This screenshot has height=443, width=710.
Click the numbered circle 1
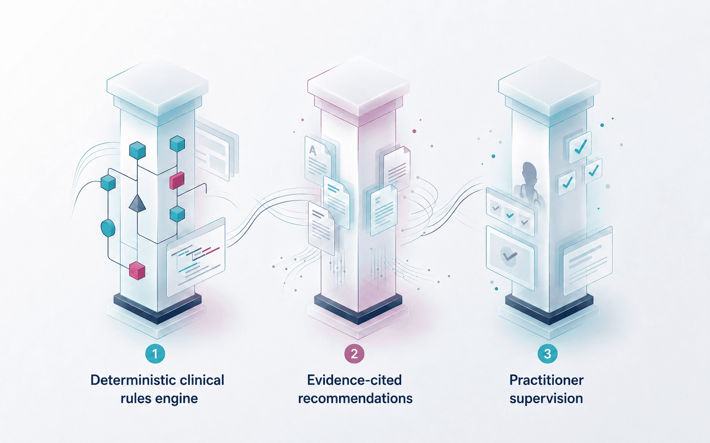pos(155,354)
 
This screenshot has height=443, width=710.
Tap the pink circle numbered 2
pos(354,354)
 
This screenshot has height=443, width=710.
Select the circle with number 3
pos(547,354)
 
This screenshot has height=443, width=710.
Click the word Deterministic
pos(133,380)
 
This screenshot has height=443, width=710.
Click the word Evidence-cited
pos(354,380)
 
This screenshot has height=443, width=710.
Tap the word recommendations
pos(355,398)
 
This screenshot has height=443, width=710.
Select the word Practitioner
pos(546,380)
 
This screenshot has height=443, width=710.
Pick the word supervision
pos(546,399)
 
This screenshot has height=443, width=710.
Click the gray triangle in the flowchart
pos(137,203)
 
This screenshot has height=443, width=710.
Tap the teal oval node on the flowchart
pos(108,228)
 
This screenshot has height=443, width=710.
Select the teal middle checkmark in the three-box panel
pos(510,216)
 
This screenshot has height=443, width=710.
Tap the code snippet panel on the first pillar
pos(196,257)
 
